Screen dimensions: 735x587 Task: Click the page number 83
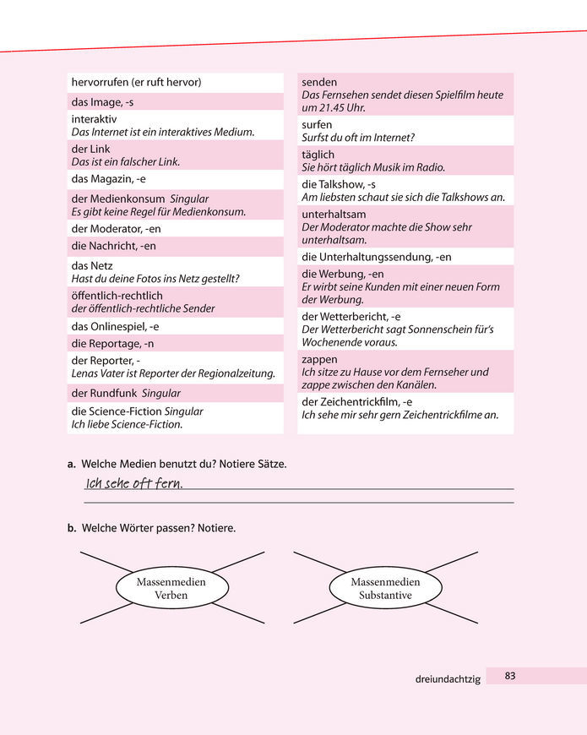tap(509, 675)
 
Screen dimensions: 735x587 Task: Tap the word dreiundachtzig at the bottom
tap(448, 678)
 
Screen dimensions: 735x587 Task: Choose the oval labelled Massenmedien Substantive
tap(385, 588)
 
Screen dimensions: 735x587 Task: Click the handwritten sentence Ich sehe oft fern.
tap(135, 483)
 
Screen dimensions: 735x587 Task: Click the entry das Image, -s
tap(102, 102)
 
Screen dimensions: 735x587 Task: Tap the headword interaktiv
tap(94, 119)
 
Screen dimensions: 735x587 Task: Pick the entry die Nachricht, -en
tap(113, 247)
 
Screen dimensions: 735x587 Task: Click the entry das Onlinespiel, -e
tap(115, 326)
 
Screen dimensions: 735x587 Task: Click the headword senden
tap(319, 82)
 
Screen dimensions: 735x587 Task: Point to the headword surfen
tap(317, 124)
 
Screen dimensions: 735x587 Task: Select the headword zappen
tap(320, 359)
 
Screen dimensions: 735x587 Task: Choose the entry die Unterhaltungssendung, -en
tap(376, 257)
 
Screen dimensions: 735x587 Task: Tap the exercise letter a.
tap(72, 465)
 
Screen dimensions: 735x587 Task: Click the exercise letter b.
tap(72, 528)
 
